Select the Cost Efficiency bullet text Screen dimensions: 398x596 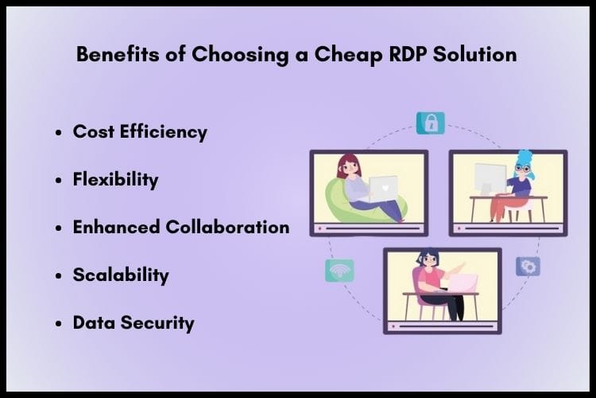[x=140, y=131]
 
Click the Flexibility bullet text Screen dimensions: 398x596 [x=115, y=179]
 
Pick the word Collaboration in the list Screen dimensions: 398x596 [x=227, y=227]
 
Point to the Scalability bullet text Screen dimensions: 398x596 [x=121, y=275]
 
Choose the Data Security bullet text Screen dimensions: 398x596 [x=134, y=323]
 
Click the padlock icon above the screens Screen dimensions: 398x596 [x=431, y=123]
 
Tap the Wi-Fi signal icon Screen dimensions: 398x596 [x=339, y=271]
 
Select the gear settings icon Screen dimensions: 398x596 [x=528, y=266]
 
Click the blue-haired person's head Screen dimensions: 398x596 [x=525, y=164]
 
